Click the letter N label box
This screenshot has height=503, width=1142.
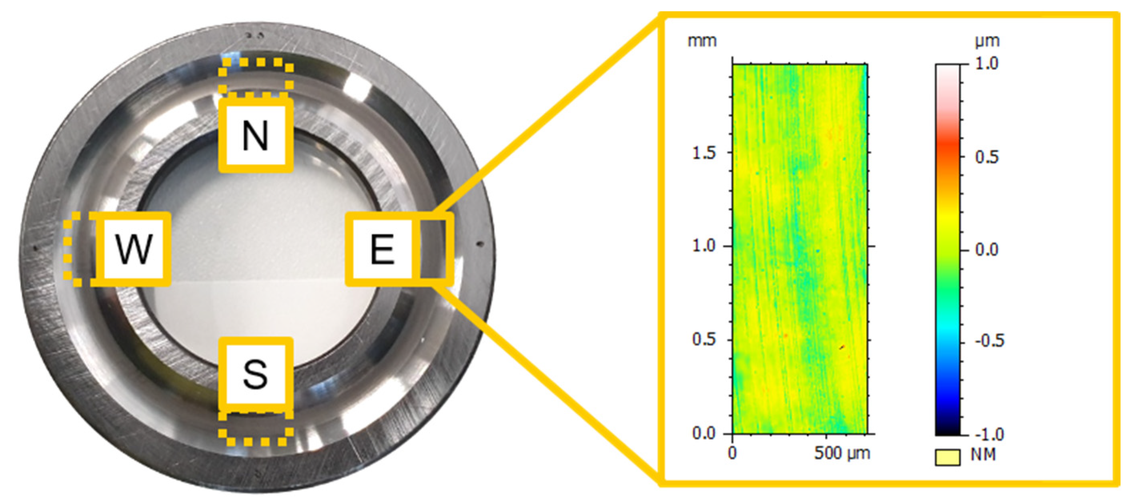[x=256, y=135]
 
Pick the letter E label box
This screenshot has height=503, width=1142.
[x=382, y=249]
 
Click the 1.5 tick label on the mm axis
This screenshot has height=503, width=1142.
[x=704, y=153]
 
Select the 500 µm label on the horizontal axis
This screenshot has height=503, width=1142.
[x=842, y=453]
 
